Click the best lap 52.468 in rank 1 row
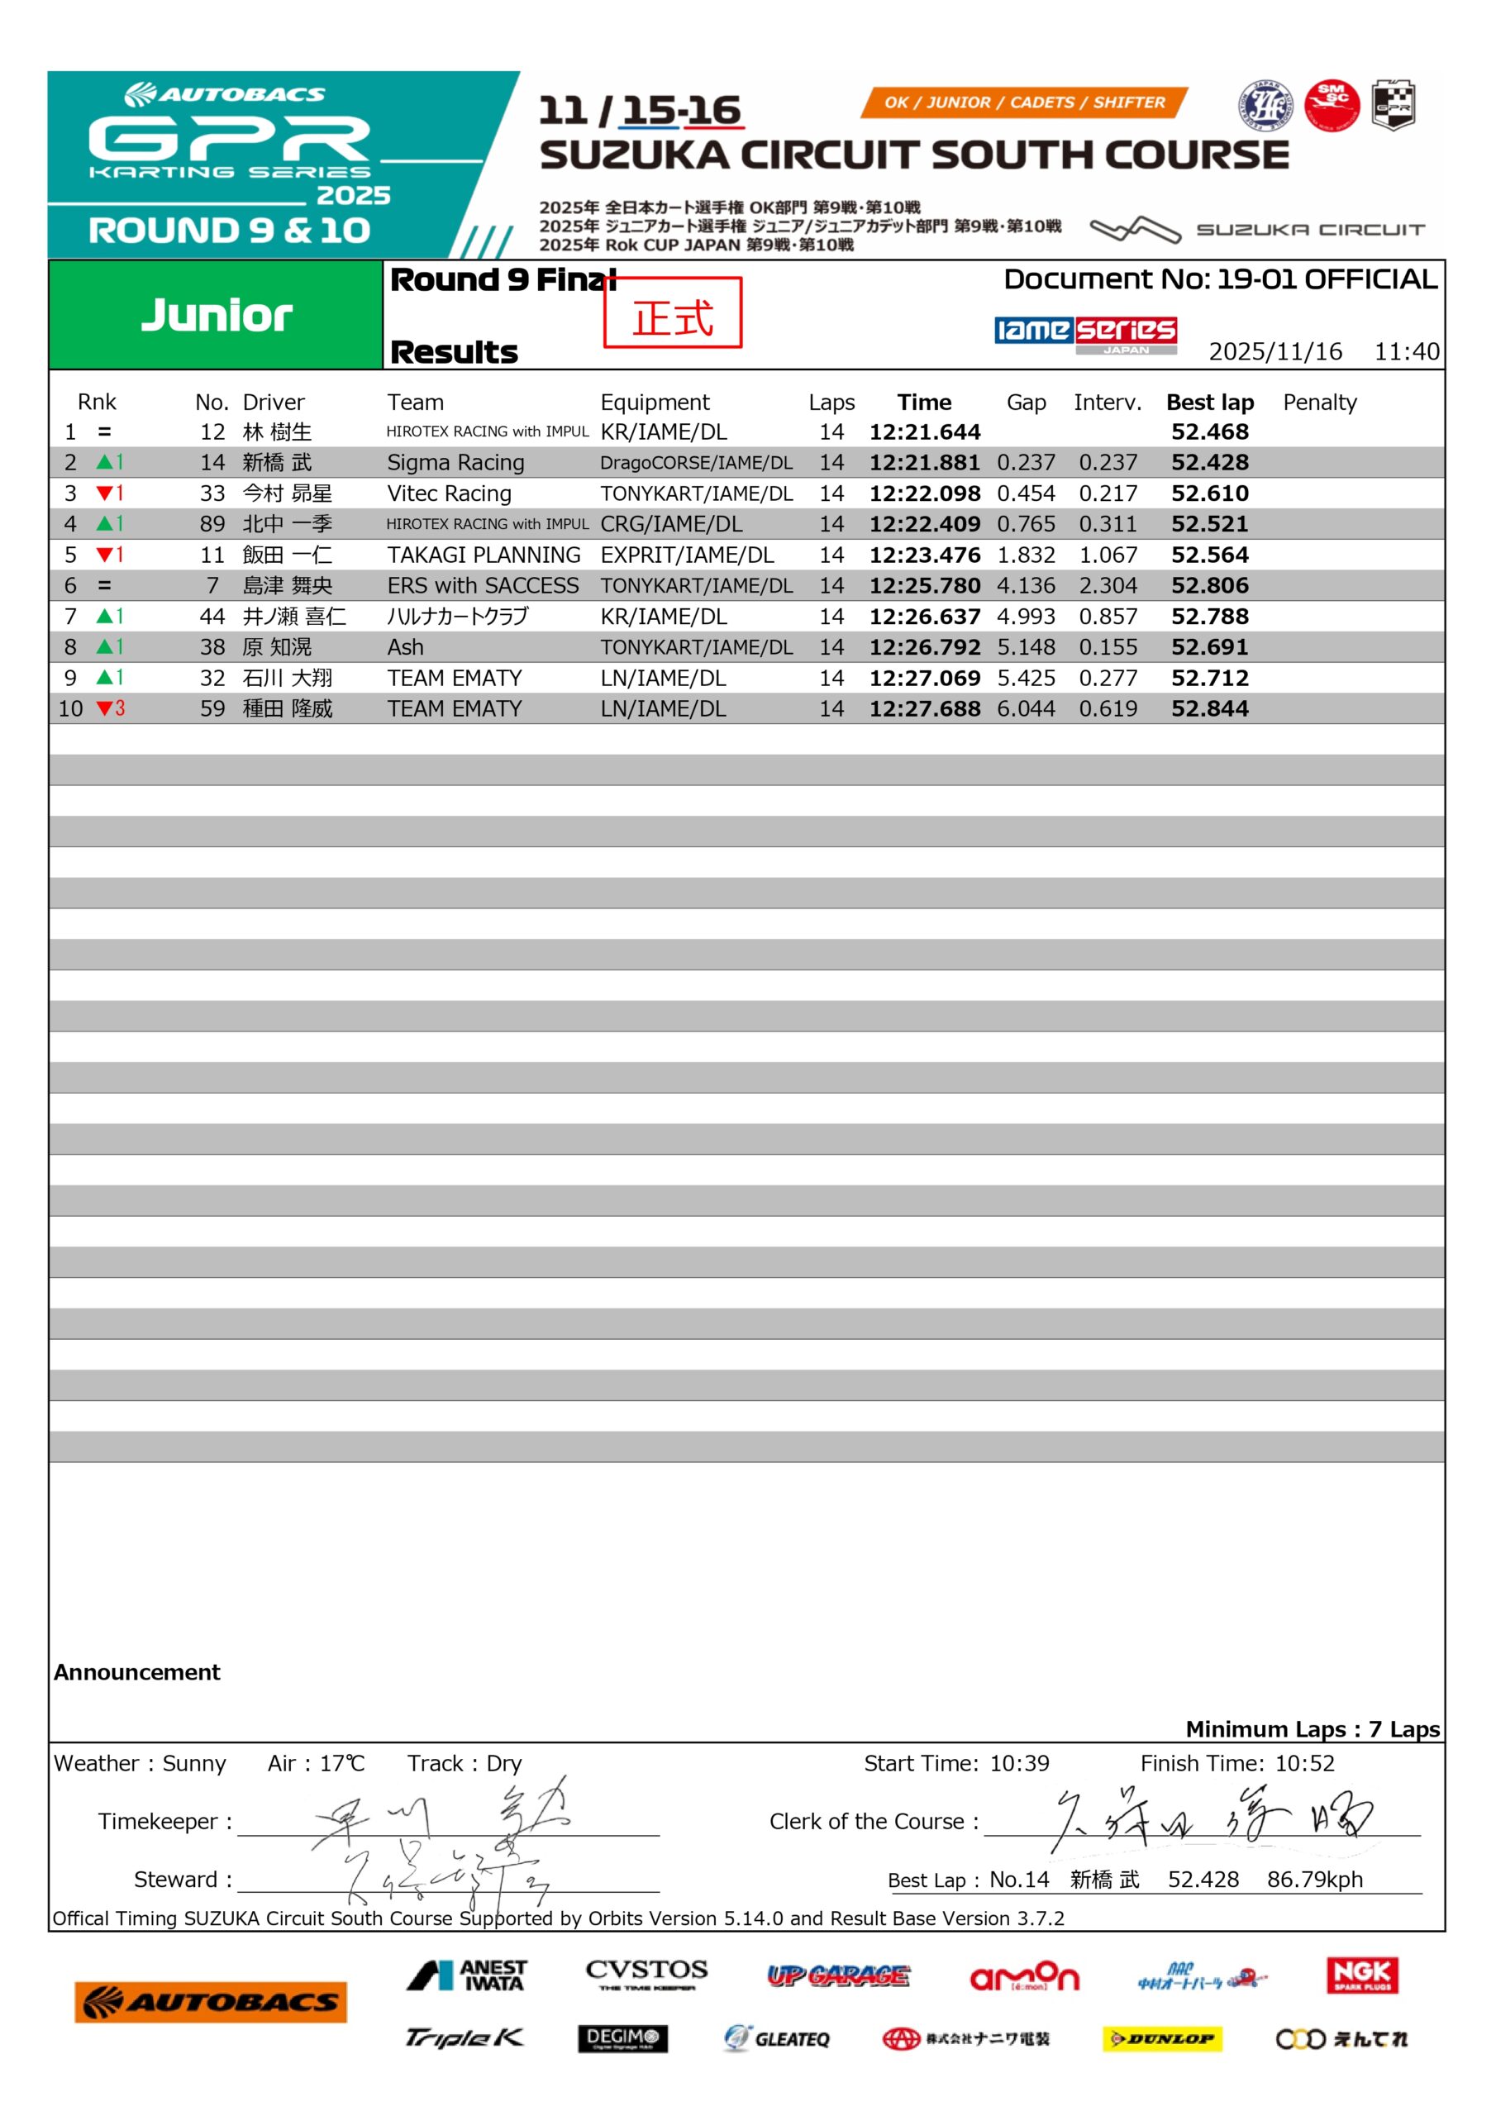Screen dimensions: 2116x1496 pos(1209,431)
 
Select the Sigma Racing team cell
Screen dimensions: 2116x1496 pos(455,463)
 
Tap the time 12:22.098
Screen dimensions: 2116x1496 pos(925,493)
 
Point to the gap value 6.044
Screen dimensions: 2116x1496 pos(1026,708)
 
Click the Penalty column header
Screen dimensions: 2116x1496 pos(1319,402)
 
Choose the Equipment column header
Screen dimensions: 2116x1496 pos(655,402)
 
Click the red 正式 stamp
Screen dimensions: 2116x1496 pos(673,313)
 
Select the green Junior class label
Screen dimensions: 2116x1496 pos(217,315)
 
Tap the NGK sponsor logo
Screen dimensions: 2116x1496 pos(1362,1975)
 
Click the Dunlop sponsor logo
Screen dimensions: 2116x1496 pos(1161,2039)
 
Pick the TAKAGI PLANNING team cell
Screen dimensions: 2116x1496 pos(484,555)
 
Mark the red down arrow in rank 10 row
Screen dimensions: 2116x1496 pos(104,708)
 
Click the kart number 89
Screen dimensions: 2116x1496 pos(212,524)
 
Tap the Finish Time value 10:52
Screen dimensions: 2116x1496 pos(1304,1763)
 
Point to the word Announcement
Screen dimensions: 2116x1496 pos(137,1673)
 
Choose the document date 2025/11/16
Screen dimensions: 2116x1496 pos(1274,351)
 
